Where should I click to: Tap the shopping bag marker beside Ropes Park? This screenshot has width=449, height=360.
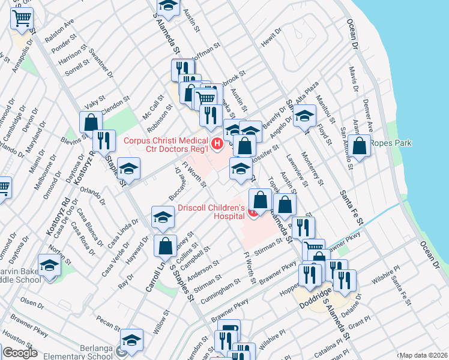click(360, 146)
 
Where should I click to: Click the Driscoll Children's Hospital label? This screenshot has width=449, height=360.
click(212, 212)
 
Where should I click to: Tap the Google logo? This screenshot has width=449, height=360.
click(20, 353)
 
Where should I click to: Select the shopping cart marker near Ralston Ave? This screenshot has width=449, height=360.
click(22, 19)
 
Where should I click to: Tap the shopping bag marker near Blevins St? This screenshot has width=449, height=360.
click(91, 122)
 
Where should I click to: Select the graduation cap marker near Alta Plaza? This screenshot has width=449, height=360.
click(304, 115)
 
